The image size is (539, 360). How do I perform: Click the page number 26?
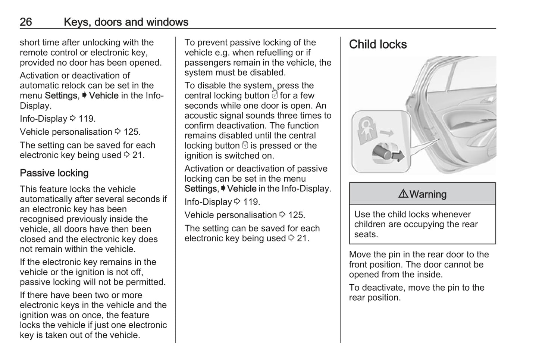tap(26, 22)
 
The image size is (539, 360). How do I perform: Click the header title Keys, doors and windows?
tap(126, 22)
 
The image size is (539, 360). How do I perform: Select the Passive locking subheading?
tap(54, 173)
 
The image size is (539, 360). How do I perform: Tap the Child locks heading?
tap(377, 44)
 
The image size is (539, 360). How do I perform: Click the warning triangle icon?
tap(403, 194)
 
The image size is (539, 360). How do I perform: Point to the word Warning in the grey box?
tap(428, 194)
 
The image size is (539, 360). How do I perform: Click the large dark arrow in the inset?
tap(398, 154)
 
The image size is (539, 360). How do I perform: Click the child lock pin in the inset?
tap(381, 152)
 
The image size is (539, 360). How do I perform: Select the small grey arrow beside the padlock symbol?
tap(387, 132)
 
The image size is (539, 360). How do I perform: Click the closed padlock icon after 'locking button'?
tap(245, 145)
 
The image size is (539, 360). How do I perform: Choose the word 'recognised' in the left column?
tap(42, 219)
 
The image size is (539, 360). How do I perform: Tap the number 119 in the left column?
tap(86, 119)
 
